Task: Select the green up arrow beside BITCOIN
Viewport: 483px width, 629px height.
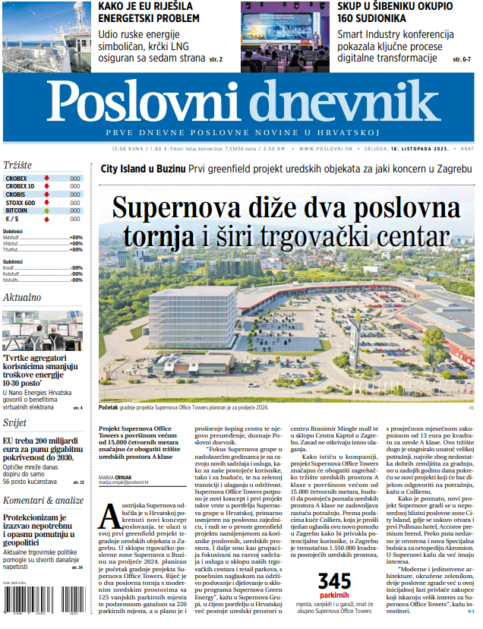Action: tap(47, 211)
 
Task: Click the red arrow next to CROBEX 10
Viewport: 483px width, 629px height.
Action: tap(47, 186)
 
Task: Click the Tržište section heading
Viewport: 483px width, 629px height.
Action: tap(17, 165)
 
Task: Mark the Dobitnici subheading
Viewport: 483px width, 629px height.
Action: tap(13, 230)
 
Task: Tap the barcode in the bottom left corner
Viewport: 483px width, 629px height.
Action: tap(43, 608)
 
